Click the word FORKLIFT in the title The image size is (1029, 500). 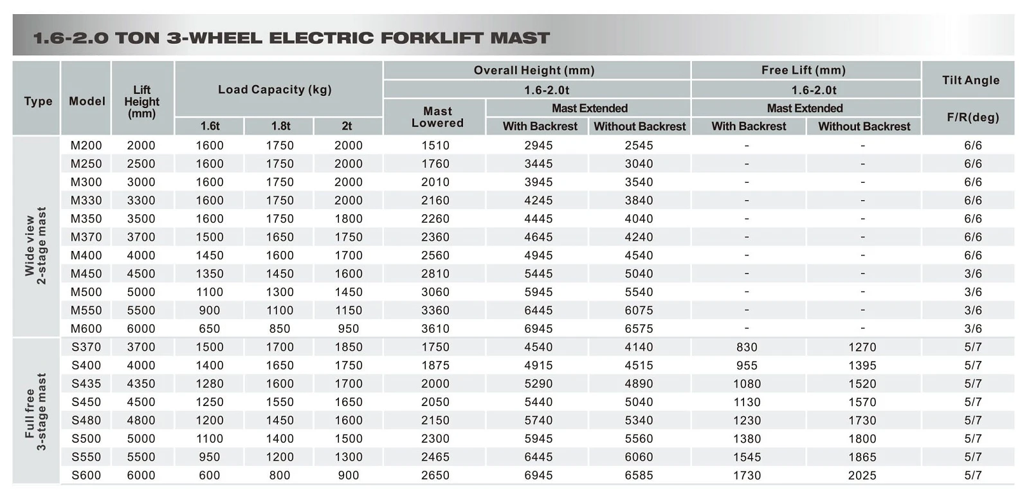pyautogui.click(x=432, y=38)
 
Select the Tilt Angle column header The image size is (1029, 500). pyautogui.click(x=970, y=80)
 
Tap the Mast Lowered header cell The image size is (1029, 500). pyautogui.click(x=437, y=117)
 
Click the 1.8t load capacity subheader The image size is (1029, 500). pyautogui.click(x=280, y=126)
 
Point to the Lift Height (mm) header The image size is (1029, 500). pyautogui.click(x=141, y=102)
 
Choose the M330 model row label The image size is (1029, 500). pyautogui.click(x=86, y=200)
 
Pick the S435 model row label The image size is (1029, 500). pyautogui.click(x=86, y=384)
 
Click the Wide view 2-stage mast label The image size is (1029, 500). pyautogui.click(x=35, y=246)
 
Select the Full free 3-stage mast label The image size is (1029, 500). pyautogui.click(x=35, y=412)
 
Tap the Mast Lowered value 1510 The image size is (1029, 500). pyautogui.click(x=435, y=145)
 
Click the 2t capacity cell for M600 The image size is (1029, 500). pyautogui.click(x=348, y=329)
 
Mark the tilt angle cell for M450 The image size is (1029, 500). pyautogui.click(x=973, y=274)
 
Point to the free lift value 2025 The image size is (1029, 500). pyautogui.click(x=862, y=476)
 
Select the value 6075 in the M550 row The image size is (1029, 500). pyautogui.click(x=639, y=311)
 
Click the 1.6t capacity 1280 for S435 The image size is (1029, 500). pyautogui.click(x=210, y=384)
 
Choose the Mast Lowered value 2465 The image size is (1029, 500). pyautogui.click(x=435, y=458)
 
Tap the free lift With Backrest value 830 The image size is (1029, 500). pyautogui.click(x=747, y=347)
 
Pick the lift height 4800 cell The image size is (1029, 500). pyautogui.click(x=141, y=420)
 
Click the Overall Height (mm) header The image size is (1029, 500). pyautogui.click(x=534, y=70)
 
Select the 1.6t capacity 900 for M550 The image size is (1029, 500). pyautogui.click(x=210, y=311)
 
